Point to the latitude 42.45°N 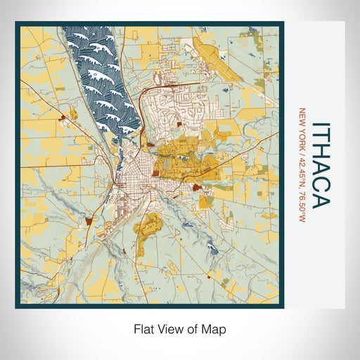point(303,164)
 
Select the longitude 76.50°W point(303,200)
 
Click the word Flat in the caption point(143,328)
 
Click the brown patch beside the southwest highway point(89,221)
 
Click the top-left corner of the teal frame point(16,23)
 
